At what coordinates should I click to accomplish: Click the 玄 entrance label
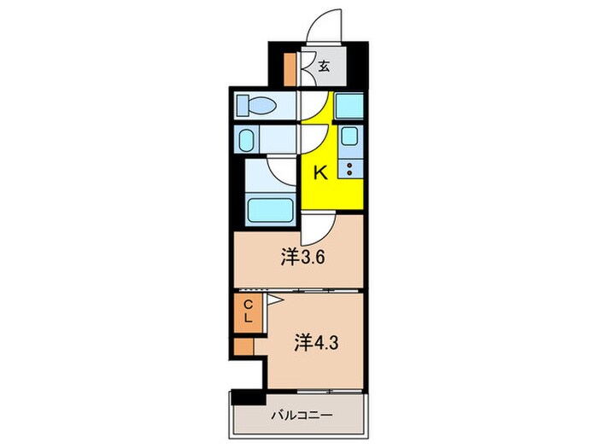click(325, 65)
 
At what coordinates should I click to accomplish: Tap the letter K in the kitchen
click(320, 172)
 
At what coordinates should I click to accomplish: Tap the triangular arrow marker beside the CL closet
click(275, 300)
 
